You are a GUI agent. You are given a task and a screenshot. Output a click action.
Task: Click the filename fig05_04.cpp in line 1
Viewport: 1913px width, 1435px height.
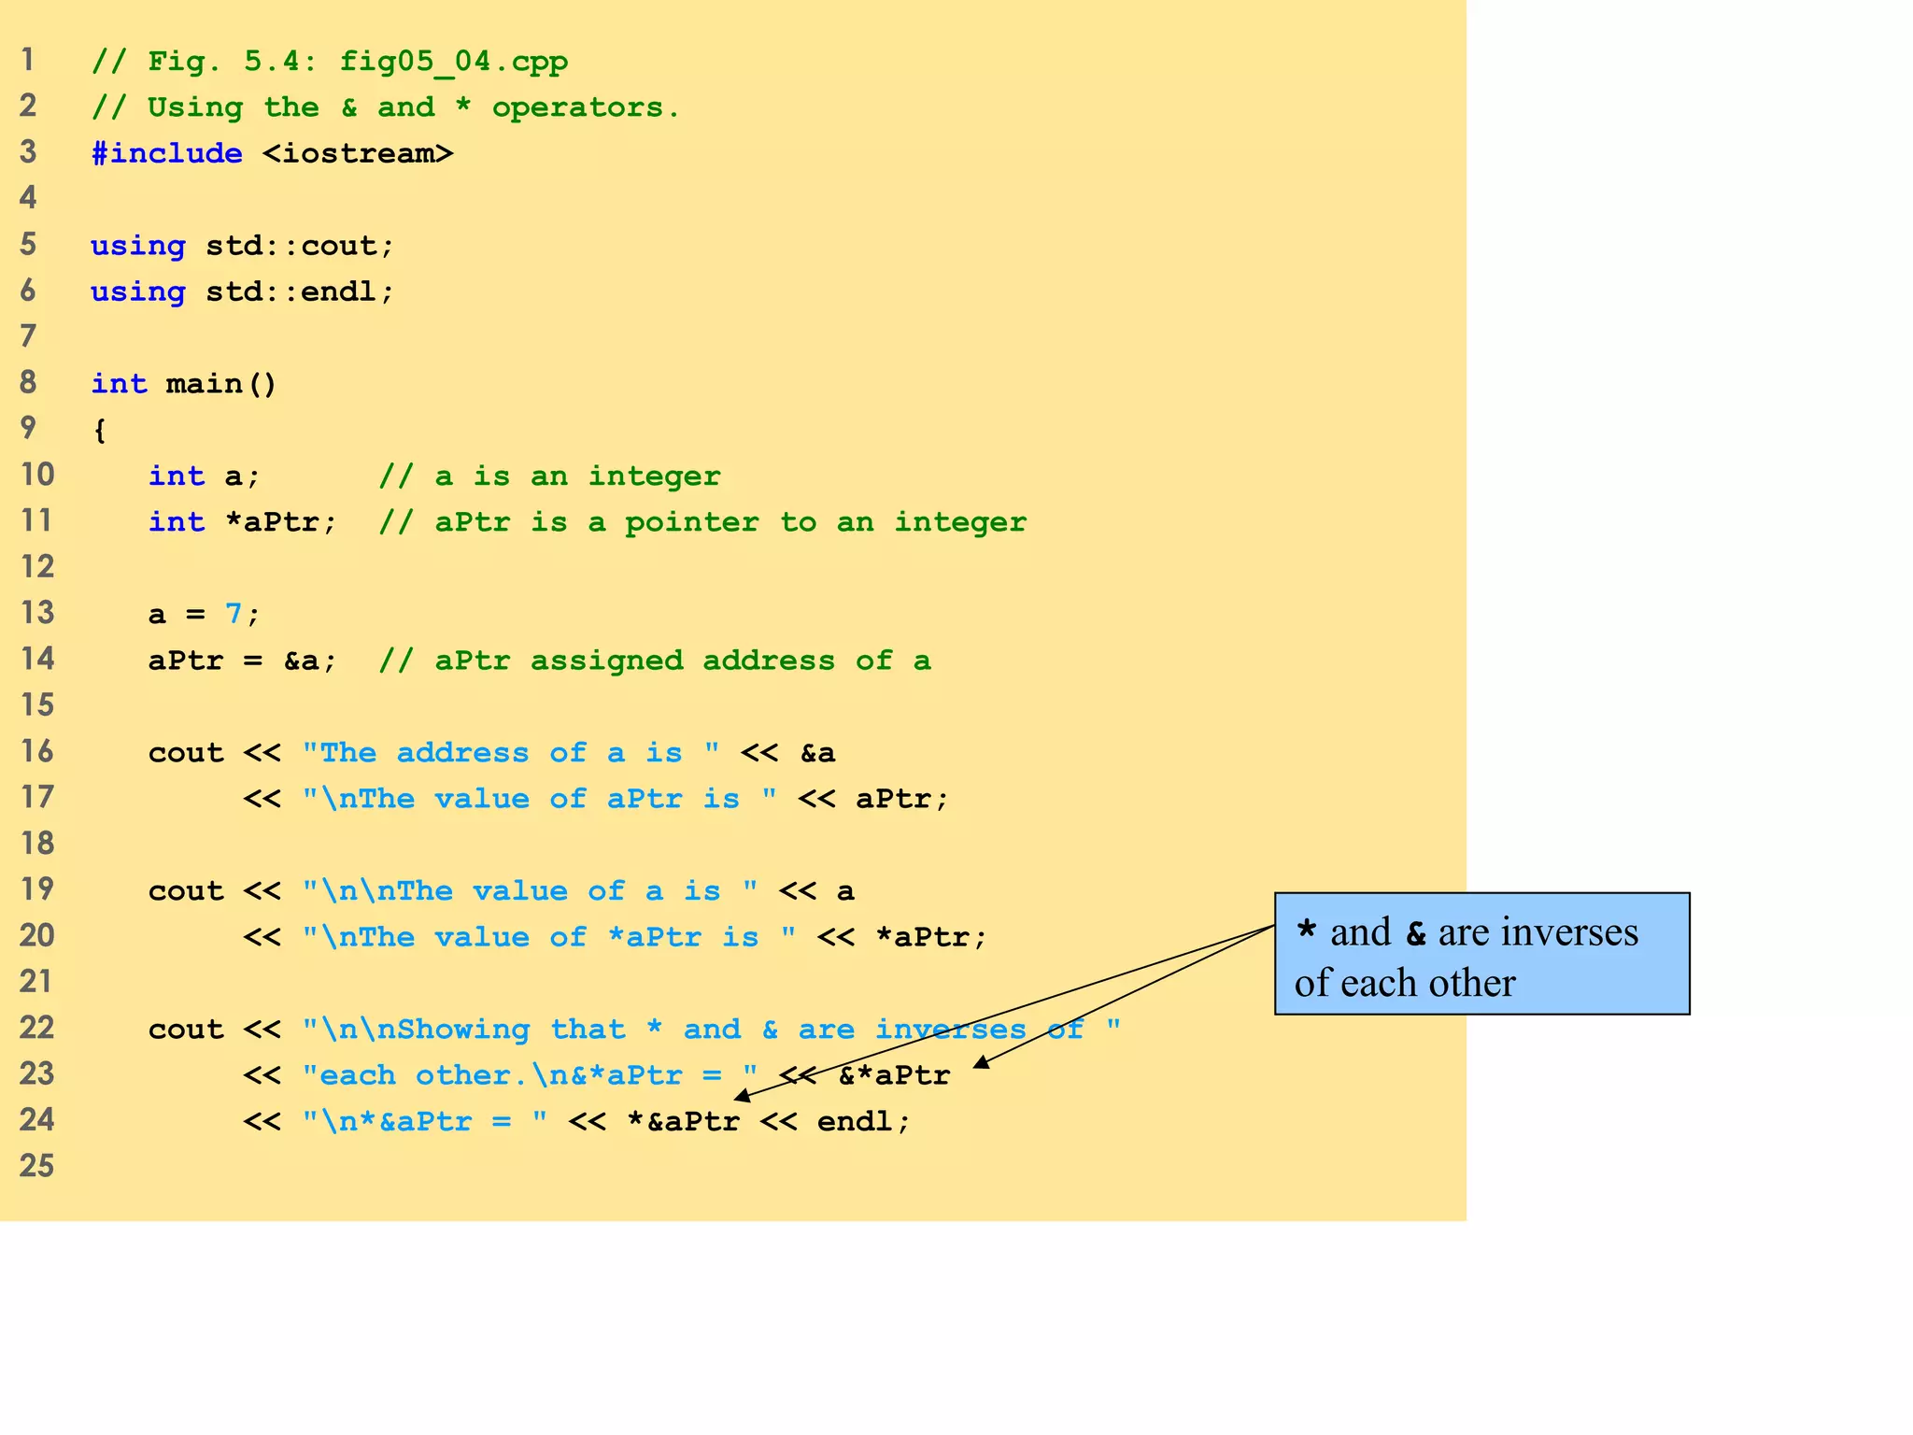(453, 62)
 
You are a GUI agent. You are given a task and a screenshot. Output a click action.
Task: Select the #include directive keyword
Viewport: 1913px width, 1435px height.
(167, 153)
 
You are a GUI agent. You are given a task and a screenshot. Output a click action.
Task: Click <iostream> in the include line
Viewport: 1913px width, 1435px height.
(358, 153)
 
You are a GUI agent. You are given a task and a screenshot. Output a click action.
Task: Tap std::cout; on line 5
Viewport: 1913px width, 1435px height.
(301, 246)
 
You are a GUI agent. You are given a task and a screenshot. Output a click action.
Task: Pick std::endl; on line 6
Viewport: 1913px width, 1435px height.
(301, 291)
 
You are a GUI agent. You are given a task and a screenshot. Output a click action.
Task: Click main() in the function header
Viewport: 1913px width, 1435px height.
(221, 384)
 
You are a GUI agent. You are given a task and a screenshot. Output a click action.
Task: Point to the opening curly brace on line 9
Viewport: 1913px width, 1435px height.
(100, 431)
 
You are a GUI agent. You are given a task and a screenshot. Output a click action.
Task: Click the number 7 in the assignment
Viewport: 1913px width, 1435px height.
(234, 614)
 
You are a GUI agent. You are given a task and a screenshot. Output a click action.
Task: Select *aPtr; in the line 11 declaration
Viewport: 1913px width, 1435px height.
(280, 522)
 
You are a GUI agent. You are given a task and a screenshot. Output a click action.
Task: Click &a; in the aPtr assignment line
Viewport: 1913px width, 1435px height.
(310, 661)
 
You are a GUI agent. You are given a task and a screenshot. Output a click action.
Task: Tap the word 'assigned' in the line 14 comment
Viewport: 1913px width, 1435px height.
(606, 661)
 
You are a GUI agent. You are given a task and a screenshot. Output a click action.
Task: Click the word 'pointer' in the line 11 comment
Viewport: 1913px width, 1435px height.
(691, 522)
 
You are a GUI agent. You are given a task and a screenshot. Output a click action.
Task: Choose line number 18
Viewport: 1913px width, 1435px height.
(37, 843)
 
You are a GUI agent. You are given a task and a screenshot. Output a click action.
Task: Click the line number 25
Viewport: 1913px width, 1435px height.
(37, 1165)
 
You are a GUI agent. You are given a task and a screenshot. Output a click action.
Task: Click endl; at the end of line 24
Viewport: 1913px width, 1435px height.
(863, 1121)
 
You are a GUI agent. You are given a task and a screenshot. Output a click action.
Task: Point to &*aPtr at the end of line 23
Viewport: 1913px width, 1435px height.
(894, 1075)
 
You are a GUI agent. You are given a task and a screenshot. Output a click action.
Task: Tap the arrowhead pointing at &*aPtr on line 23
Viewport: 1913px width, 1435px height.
(981, 1062)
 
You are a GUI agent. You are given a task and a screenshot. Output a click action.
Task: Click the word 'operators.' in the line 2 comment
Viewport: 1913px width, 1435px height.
(586, 107)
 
